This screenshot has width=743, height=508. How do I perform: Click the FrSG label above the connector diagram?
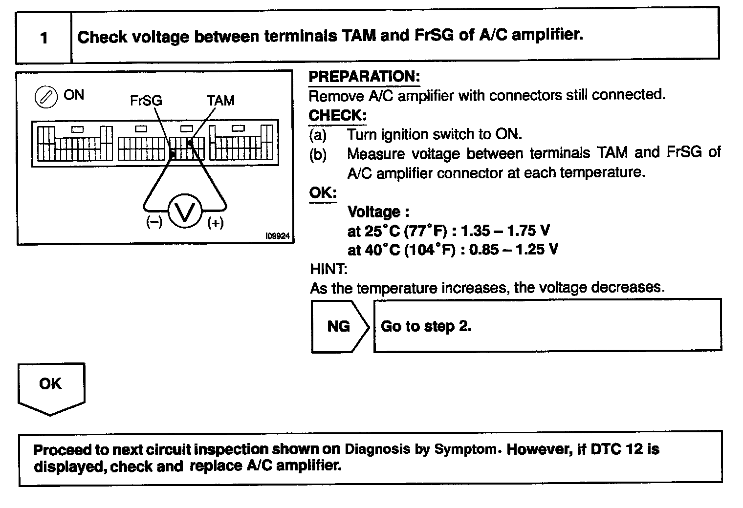(146, 101)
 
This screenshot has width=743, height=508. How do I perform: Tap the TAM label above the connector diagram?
(220, 101)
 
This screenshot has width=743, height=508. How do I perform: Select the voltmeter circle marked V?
(185, 211)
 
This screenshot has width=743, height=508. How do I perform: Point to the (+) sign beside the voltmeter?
(215, 223)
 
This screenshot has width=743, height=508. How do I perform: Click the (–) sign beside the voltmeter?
(154, 223)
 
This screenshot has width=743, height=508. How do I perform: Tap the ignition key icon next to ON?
(45, 97)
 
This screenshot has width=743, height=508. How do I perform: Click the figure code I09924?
(277, 236)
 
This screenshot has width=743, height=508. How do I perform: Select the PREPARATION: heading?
(364, 77)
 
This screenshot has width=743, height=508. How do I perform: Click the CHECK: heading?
(337, 115)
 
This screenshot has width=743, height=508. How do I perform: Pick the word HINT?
(328, 269)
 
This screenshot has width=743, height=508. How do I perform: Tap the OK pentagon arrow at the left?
(51, 386)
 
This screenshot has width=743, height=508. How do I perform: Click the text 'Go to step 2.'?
(426, 326)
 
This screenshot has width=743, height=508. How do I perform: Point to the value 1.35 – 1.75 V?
(505, 231)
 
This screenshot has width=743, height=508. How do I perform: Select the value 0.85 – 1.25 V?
(513, 250)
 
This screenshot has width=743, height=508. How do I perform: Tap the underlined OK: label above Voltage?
(323, 193)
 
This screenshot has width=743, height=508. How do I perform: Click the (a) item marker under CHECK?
(318, 134)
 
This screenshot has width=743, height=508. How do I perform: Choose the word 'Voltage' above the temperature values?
(374, 212)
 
